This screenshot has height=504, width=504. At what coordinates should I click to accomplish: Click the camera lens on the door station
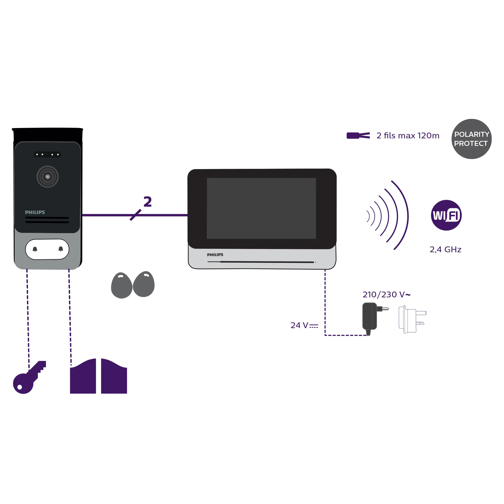coord(47,177)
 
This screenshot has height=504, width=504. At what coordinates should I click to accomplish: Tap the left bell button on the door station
coord(35,249)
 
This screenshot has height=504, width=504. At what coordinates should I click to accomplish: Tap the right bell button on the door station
coord(61,249)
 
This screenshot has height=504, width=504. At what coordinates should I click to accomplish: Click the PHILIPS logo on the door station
coord(35,212)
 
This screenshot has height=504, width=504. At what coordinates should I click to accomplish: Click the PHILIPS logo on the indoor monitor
coord(215,255)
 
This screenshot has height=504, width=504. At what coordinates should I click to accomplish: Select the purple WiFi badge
coord(446,215)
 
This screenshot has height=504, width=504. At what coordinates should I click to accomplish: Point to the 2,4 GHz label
coord(445,250)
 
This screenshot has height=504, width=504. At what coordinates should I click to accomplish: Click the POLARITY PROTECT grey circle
coord(471,139)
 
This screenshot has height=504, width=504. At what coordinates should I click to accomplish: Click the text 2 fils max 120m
coord(408,136)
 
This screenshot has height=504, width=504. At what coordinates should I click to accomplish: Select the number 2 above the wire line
coord(148,202)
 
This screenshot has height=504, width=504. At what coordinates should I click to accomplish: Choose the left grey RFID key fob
coord(121,286)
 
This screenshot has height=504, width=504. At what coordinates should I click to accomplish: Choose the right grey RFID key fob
coord(144,284)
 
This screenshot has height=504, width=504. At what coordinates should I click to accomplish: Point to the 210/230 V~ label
coord(386,295)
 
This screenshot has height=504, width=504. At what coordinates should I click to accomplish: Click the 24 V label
coord(304,325)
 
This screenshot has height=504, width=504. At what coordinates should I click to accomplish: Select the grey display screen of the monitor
coord(261,208)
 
